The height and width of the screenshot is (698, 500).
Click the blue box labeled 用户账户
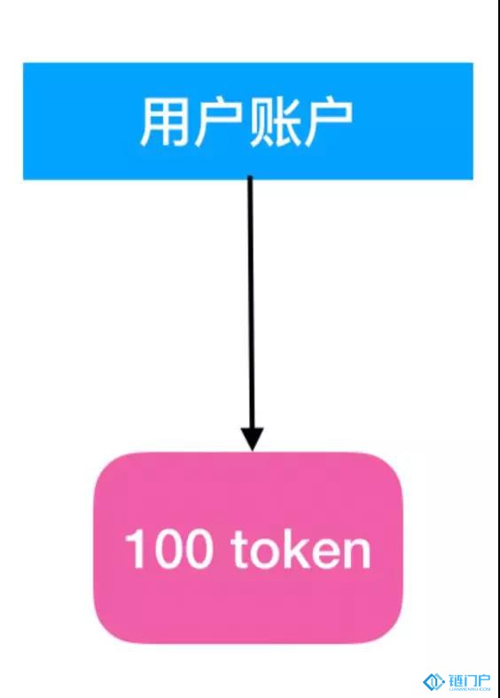pyautogui.click(x=247, y=121)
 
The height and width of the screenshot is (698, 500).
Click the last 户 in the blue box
pyautogui.click(x=327, y=122)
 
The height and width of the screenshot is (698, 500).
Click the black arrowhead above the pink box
pyautogui.click(x=253, y=439)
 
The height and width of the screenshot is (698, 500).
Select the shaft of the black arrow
pyautogui.click(x=251, y=303)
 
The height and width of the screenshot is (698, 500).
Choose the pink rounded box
pyautogui.click(x=247, y=547)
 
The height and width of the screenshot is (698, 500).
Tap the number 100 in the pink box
pyautogui.click(x=169, y=548)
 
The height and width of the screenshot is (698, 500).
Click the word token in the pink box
pyautogui.click(x=301, y=548)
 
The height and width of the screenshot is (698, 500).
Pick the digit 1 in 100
pyautogui.click(x=135, y=548)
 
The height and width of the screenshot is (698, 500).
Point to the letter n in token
pyautogui.click(x=357, y=554)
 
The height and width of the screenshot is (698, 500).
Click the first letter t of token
pyautogui.click(x=239, y=550)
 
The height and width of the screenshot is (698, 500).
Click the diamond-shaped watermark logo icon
pyautogui.click(x=434, y=681)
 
